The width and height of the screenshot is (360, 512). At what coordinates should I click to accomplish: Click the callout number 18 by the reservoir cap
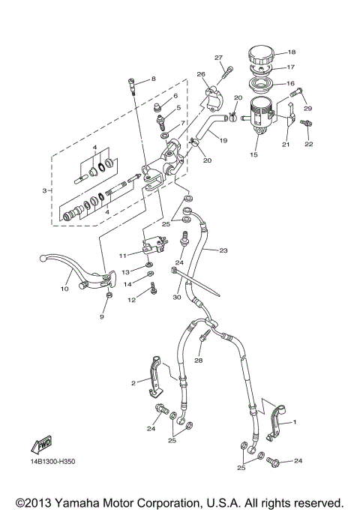292,52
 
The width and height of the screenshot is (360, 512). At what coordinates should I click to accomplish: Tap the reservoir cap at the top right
262,55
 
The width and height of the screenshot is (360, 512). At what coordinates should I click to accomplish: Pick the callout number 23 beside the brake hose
223,251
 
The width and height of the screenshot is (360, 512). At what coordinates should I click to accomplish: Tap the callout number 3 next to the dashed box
46,191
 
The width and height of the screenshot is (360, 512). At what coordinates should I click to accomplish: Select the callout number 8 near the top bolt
152,79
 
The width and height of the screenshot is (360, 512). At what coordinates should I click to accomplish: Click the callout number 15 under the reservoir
253,155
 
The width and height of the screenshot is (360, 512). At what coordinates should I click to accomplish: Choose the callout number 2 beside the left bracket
133,383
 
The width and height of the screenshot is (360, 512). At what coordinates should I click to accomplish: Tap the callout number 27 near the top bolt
218,58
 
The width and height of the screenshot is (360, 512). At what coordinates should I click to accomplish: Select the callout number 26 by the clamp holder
201,74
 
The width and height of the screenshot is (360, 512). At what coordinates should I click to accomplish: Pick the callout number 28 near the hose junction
199,361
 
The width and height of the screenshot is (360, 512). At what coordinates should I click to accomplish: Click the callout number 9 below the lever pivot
102,317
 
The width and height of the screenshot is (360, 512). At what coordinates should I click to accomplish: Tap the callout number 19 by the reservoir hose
223,139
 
